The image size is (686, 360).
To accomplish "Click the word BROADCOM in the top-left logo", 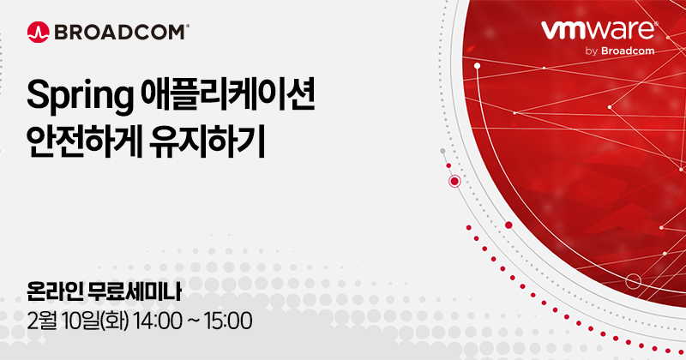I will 119,33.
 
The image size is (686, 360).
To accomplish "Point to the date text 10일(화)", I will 100,322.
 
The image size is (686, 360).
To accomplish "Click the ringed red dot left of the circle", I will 454,181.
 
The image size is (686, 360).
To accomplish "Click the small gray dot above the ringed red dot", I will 442,151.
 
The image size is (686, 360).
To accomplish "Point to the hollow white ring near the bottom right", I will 634,281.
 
